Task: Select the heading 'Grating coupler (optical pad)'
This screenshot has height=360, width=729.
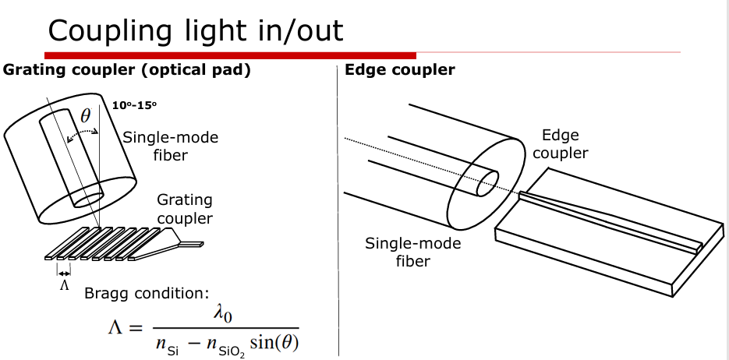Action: coord(126,70)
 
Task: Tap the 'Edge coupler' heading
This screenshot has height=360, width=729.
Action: coord(400,70)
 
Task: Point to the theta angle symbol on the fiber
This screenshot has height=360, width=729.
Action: coord(86,116)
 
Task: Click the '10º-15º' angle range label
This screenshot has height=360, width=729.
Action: coord(135,104)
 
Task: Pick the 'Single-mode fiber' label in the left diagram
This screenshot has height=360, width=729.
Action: coord(171,146)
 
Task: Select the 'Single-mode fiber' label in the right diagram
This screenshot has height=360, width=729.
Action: coord(412,252)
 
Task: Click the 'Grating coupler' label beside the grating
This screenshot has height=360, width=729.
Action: coord(185,209)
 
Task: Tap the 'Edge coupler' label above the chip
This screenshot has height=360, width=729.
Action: coord(560,144)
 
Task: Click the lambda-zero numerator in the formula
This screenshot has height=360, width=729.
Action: coord(224,315)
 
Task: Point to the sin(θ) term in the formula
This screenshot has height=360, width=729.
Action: coord(274,343)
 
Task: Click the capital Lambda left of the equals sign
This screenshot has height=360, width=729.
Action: coord(115,328)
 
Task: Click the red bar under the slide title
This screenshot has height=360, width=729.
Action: coord(230,55)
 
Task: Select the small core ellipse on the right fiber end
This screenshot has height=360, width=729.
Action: coord(487,185)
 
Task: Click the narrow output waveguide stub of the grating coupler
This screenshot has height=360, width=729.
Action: coord(193,243)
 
